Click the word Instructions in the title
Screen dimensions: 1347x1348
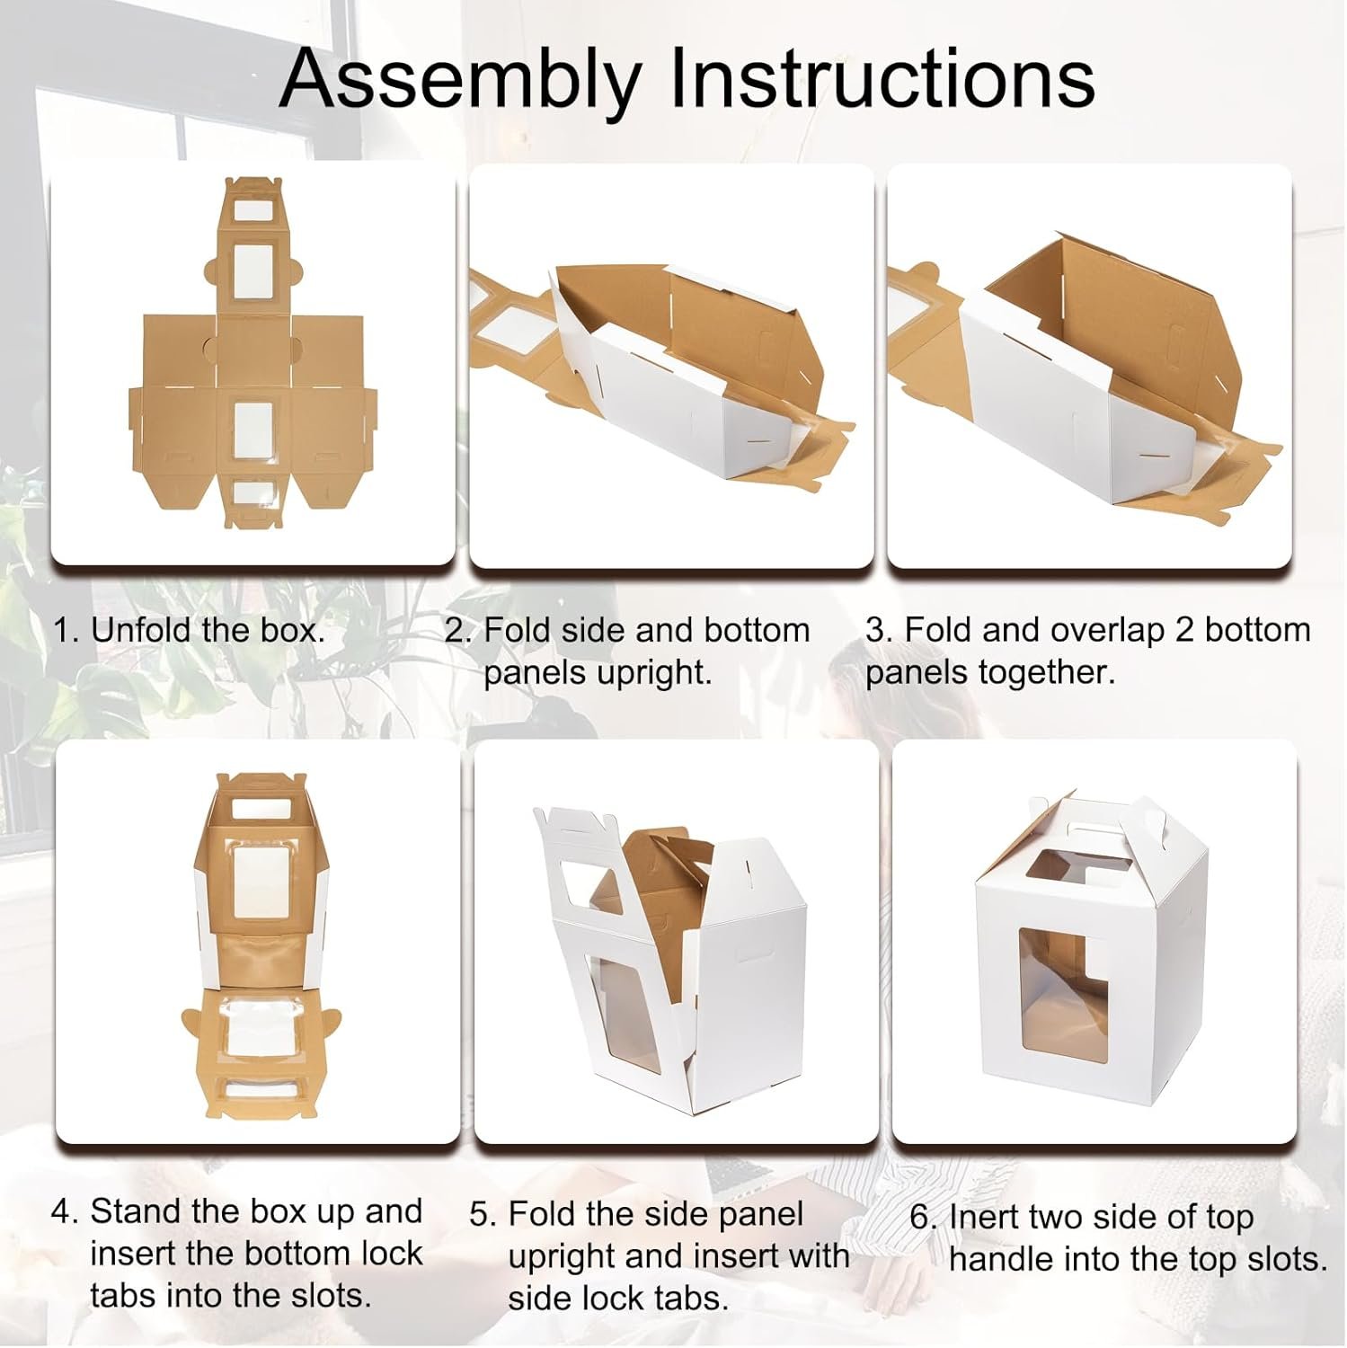882,78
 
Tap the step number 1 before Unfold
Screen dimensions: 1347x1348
63,630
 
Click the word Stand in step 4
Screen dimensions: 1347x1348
134,1211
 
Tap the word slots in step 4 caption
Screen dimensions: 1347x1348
327,1295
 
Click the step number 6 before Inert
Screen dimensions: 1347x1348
925,1217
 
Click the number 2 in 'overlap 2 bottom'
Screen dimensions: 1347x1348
1184,630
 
